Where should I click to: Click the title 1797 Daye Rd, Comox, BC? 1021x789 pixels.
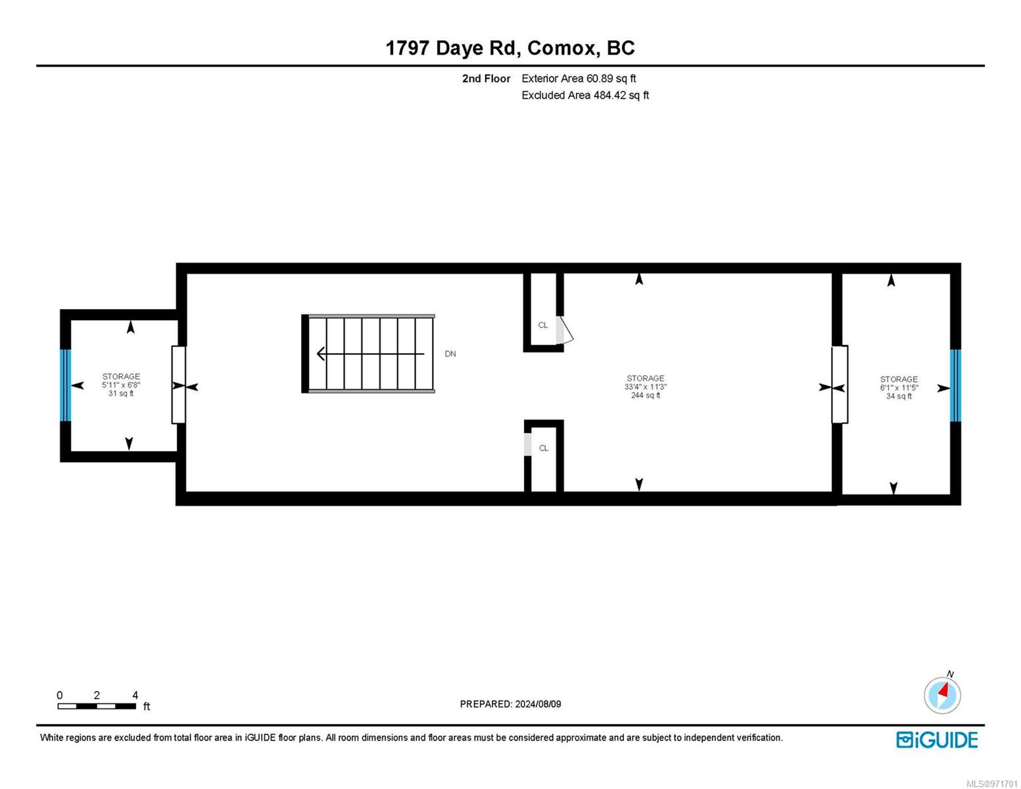(510, 49)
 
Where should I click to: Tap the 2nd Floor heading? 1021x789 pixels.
(486, 78)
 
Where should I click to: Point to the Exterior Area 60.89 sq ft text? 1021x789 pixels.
(579, 78)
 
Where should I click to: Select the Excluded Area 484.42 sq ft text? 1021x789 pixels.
(585, 95)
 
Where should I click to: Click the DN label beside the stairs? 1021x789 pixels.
(450, 354)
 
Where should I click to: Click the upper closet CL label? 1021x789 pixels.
(542, 325)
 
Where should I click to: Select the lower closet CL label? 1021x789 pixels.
(544, 448)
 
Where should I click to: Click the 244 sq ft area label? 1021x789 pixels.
(645, 395)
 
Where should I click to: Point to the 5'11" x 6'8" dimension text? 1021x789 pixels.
(121, 385)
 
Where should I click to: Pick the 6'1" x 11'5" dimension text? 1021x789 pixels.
(899, 388)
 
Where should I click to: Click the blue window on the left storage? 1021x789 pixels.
(65, 385)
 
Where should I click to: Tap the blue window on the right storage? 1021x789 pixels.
(955, 385)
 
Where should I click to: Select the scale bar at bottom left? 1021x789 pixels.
(97, 705)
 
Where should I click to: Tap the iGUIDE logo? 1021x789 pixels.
(937, 740)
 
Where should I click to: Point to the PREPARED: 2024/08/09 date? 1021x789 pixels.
(510, 704)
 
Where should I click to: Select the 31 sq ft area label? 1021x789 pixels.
(121, 393)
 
